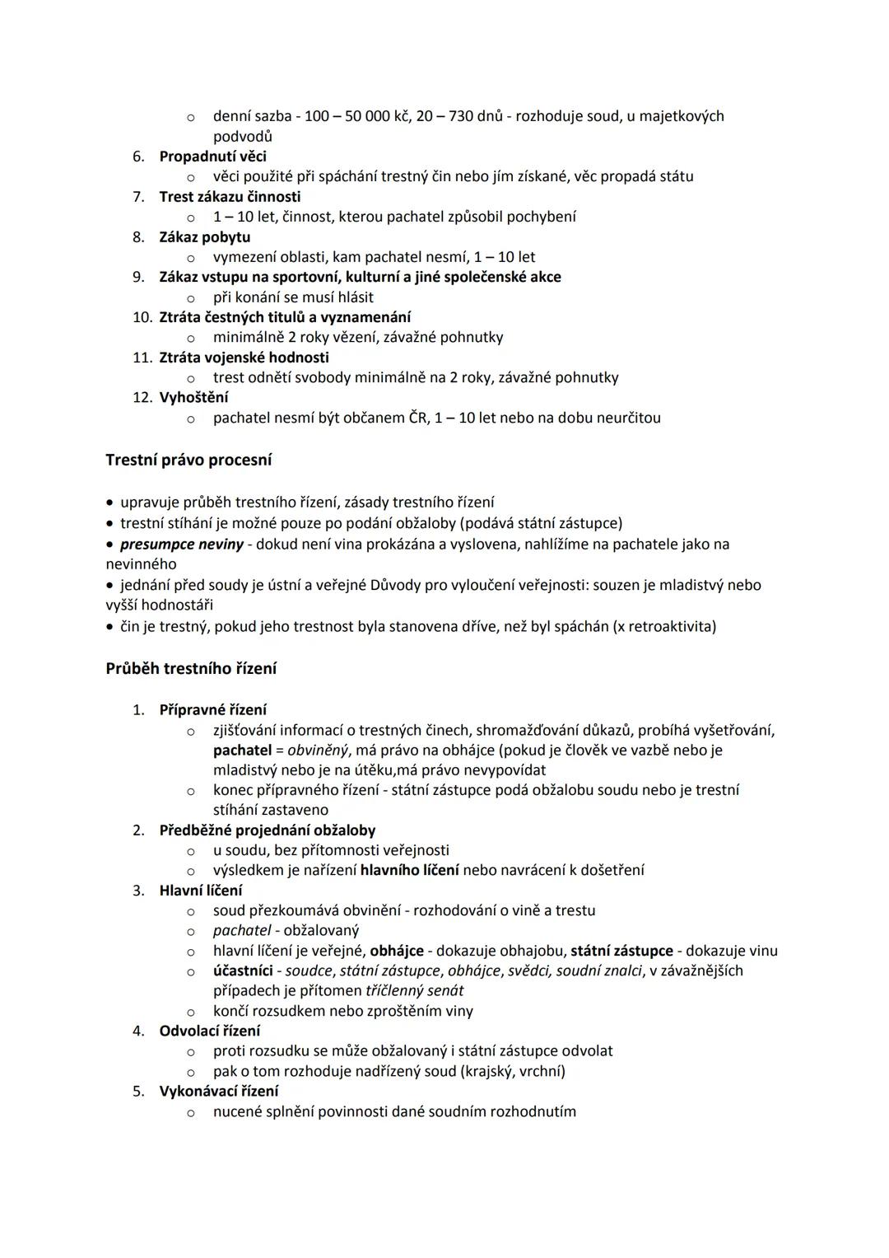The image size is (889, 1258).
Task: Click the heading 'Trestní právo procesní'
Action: coord(189,461)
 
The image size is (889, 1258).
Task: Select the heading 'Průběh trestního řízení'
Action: coord(191,669)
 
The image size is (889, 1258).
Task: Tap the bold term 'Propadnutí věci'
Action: coord(212,157)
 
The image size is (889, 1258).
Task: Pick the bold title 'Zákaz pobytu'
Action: coord(204,237)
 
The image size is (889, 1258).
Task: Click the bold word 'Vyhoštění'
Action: coord(193,398)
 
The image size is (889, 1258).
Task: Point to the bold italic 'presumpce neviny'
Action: coord(182,545)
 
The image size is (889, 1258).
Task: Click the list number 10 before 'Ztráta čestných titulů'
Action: coord(142,317)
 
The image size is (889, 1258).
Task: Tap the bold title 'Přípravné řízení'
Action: coord(212,710)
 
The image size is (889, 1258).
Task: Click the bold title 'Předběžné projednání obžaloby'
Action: coord(267,830)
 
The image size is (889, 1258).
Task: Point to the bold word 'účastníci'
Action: coord(243,971)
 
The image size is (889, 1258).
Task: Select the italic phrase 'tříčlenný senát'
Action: coord(414,991)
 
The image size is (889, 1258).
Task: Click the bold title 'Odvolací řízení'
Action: coord(209,1031)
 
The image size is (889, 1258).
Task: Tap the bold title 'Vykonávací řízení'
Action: coord(218,1092)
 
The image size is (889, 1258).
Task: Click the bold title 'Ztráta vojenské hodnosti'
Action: coord(244,358)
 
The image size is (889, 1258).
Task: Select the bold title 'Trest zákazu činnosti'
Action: coord(230,197)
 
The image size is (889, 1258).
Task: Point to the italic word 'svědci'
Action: coord(528,971)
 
